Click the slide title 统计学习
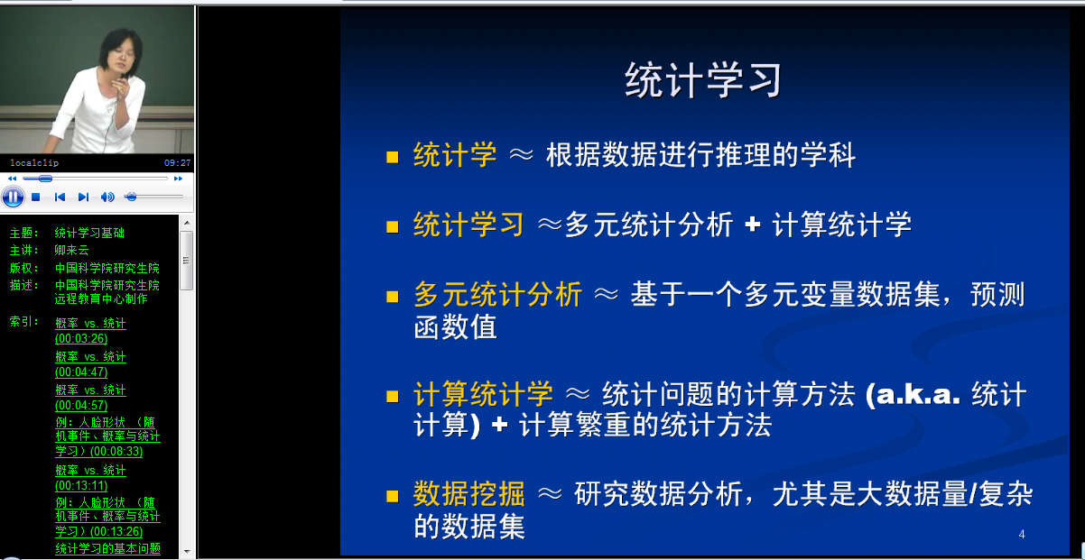click(x=703, y=80)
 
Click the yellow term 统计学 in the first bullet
click(x=455, y=155)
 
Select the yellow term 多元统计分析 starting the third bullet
click(x=498, y=294)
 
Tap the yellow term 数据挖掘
click(x=468, y=493)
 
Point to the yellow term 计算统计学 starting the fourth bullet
click(x=483, y=393)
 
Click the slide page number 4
click(x=1022, y=535)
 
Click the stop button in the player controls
click(x=35, y=197)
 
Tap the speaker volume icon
click(x=107, y=197)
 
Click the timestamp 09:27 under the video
click(x=177, y=163)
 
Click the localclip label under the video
click(x=34, y=163)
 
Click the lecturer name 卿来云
click(x=71, y=250)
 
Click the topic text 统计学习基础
click(x=89, y=233)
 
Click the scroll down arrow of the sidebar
click(x=187, y=551)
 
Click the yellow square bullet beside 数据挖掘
click(x=393, y=496)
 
